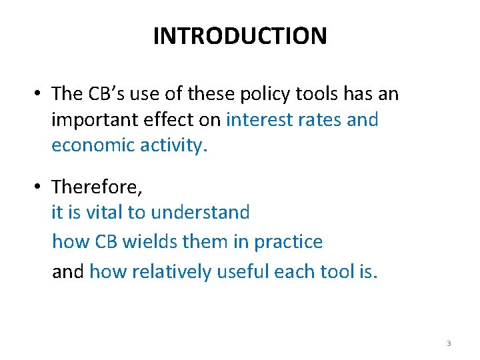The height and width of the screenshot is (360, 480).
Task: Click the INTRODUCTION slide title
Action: [x=240, y=36]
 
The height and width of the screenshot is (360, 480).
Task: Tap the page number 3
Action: [x=449, y=343]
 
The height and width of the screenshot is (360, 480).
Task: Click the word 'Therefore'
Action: [x=96, y=187]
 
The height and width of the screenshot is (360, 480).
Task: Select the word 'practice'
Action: [x=288, y=242]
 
